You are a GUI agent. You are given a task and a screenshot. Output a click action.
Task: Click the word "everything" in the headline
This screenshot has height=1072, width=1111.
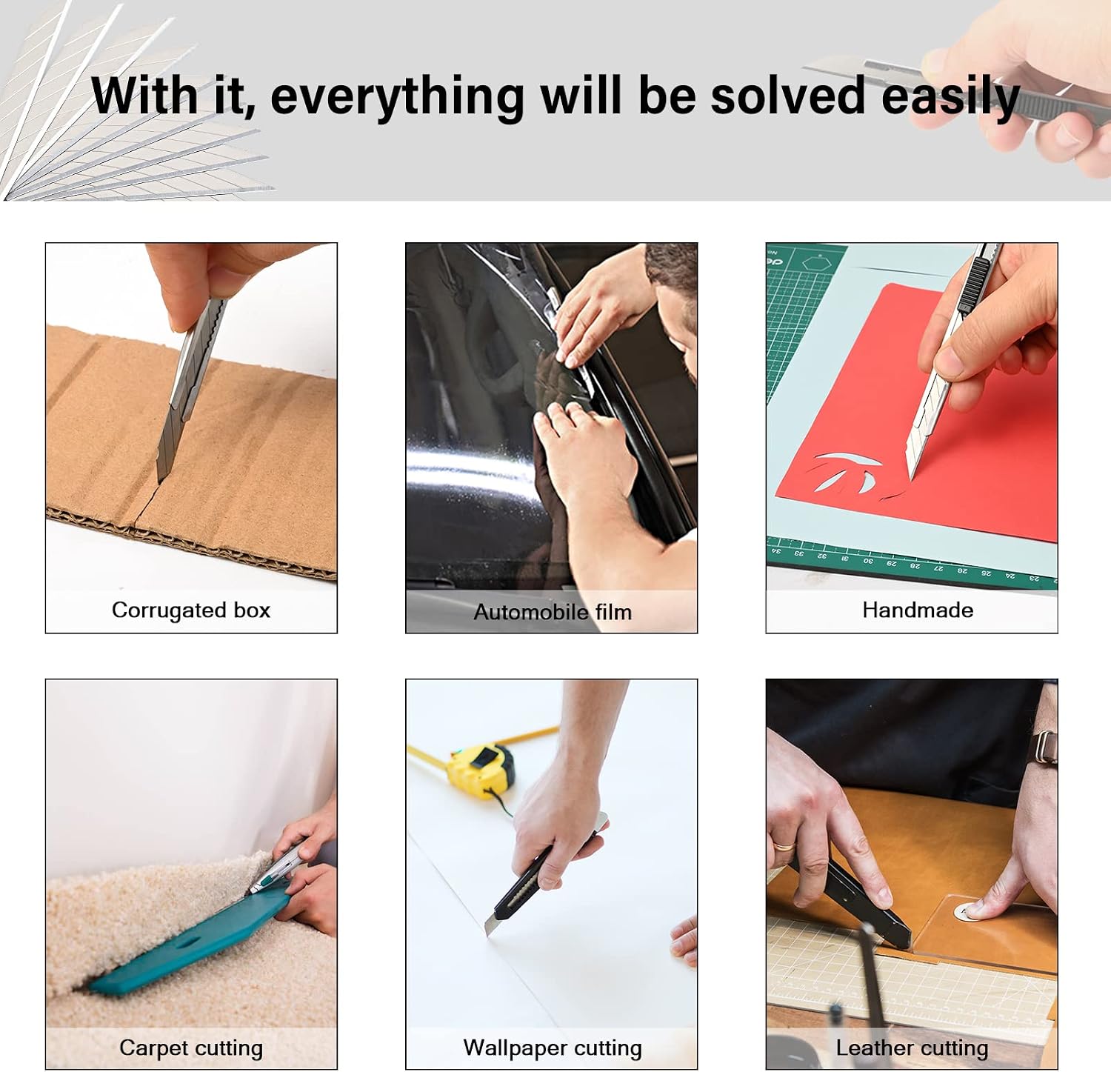click(x=397, y=96)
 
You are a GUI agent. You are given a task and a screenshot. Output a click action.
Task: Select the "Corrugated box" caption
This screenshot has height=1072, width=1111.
click(x=191, y=610)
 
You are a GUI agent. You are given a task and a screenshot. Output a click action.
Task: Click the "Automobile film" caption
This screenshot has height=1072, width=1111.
click(x=553, y=612)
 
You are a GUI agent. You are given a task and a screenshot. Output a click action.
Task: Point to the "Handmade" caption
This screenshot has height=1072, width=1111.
click(x=918, y=610)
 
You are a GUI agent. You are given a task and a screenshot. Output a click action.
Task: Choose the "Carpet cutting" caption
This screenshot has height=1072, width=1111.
click(x=191, y=1048)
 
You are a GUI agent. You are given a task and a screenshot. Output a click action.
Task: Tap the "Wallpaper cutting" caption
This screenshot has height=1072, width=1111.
click(x=553, y=1048)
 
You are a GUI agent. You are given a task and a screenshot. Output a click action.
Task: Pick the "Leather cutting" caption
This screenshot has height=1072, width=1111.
click(x=912, y=1048)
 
